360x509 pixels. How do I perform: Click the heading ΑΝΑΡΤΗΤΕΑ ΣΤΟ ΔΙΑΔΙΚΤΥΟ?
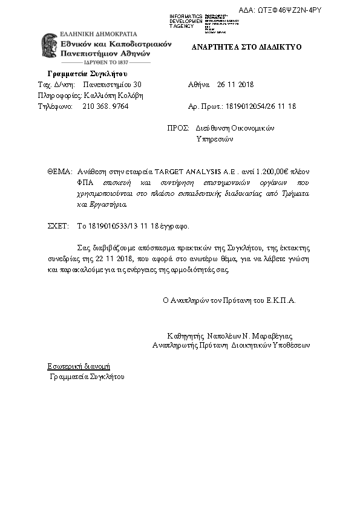[x=246, y=47]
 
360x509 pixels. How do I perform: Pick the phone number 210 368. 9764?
[x=105, y=106]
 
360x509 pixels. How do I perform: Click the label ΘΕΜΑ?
[x=60, y=172]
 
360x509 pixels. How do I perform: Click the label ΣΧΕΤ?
[x=59, y=226]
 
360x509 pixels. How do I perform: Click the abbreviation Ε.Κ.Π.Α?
[x=281, y=300]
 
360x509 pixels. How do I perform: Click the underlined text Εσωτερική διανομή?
[x=79, y=366]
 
